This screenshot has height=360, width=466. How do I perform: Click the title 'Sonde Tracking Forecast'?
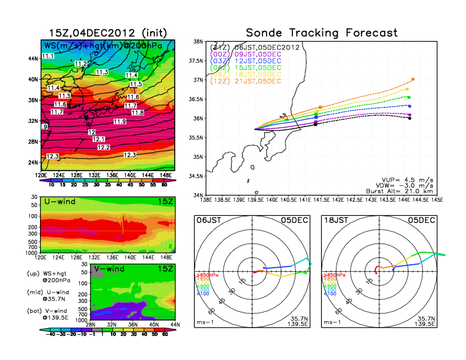point(321,32)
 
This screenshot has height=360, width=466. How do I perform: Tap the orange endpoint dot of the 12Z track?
point(413,79)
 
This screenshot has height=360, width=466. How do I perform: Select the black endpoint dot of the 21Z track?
point(410,118)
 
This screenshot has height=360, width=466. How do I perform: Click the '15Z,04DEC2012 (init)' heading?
point(107,32)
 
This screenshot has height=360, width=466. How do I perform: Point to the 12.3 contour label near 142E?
point(130,155)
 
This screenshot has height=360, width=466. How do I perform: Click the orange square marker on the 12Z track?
point(320,108)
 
